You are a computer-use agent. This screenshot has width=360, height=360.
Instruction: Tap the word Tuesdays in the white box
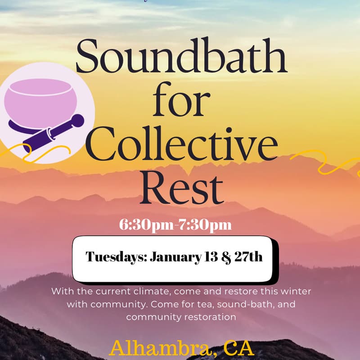click(116, 257)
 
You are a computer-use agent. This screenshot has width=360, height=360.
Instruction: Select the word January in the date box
click(172, 257)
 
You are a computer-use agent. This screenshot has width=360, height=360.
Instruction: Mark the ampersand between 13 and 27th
click(220, 258)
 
